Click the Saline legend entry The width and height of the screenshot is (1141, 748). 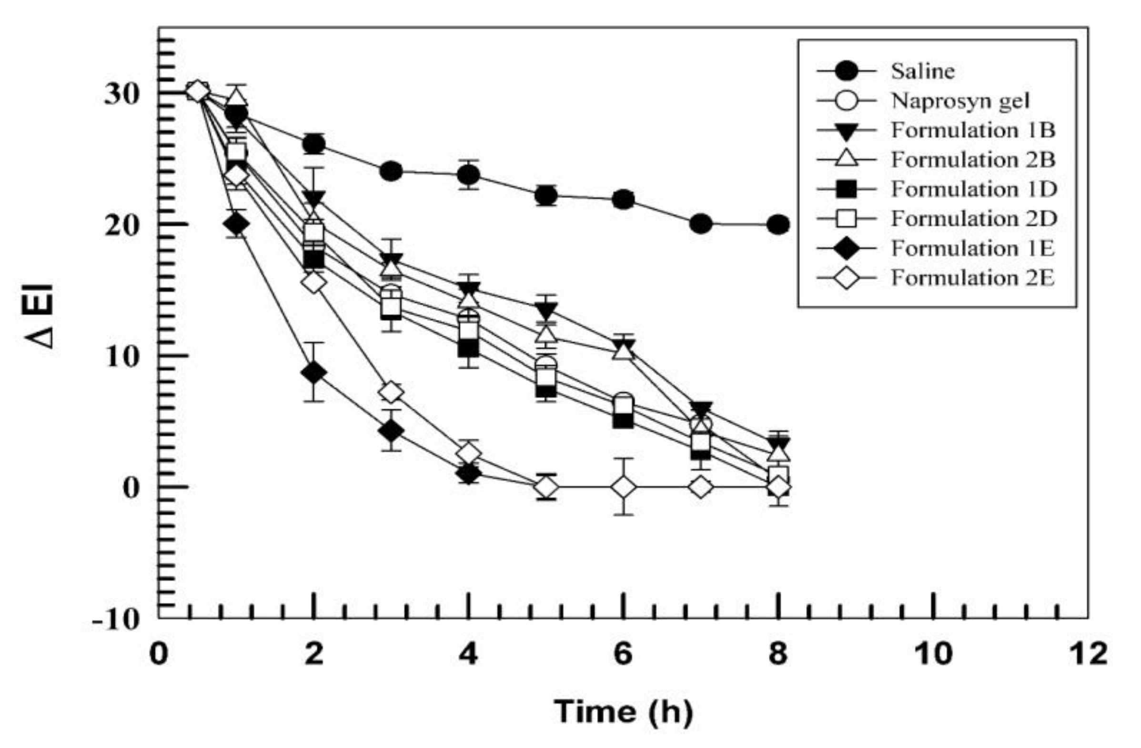[x=922, y=71]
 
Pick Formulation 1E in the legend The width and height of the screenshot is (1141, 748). [x=972, y=249]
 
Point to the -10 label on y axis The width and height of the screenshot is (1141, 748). [x=117, y=620]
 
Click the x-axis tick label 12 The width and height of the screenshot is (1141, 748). [x=1087, y=655]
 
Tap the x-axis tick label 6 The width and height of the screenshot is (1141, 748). [x=623, y=655]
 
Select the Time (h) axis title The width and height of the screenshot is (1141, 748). [x=623, y=712]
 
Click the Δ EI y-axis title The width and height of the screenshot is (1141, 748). [x=40, y=316]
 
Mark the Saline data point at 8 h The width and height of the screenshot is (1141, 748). [x=778, y=224]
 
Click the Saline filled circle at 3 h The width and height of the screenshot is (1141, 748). [x=391, y=171]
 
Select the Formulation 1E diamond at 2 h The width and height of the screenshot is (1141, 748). [x=314, y=373]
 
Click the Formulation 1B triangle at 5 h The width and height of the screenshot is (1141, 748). [x=546, y=309]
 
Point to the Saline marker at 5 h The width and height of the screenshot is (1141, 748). [x=546, y=196]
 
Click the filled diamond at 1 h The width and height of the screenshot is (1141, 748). [x=236, y=223]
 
